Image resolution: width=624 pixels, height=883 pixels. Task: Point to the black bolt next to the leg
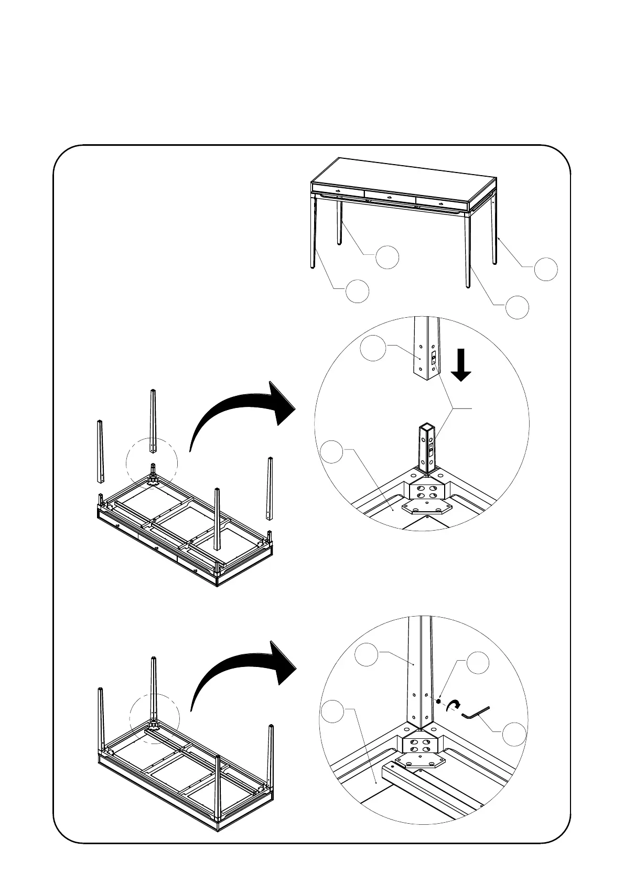(438, 701)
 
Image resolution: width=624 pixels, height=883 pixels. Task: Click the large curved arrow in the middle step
(241, 414)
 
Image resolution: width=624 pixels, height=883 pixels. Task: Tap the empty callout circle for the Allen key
(514, 735)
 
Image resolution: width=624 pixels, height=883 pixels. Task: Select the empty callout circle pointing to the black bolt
(478, 663)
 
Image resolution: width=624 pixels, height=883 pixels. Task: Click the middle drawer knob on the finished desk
(390, 197)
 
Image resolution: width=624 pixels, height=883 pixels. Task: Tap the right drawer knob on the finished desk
(442, 203)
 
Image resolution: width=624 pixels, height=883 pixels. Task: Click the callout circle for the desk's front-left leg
(357, 291)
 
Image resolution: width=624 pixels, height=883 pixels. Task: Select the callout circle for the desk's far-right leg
(545, 268)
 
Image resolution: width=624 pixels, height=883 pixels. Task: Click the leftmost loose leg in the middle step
(100, 451)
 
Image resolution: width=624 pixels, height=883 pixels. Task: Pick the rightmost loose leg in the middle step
(271, 488)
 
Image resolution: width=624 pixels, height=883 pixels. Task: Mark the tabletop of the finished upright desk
(404, 178)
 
